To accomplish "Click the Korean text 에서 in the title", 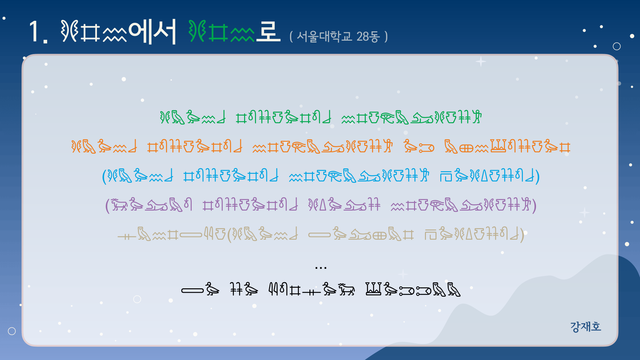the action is coord(152,31).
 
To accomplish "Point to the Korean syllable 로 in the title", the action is coord(268,31).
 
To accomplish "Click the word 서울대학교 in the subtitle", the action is coord(324,36).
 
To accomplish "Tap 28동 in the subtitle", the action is coord(368,36).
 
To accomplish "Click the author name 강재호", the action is coord(586,326).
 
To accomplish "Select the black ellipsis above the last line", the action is coord(321,268).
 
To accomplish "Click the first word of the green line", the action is coord(193,117).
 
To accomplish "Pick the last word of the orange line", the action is coord(507,147).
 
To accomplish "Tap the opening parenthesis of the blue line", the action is coord(104,176).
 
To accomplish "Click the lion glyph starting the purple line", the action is coord(119,204).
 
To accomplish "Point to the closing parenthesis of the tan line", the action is coord(522,235).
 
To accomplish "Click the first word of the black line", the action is coord(200,289).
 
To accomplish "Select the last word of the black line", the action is coord(413,289).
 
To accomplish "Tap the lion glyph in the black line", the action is coord(346,289).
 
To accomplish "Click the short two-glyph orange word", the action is coord(419,147).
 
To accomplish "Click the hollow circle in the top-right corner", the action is coord(617,46).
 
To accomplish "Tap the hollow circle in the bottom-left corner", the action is coord(12,331).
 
